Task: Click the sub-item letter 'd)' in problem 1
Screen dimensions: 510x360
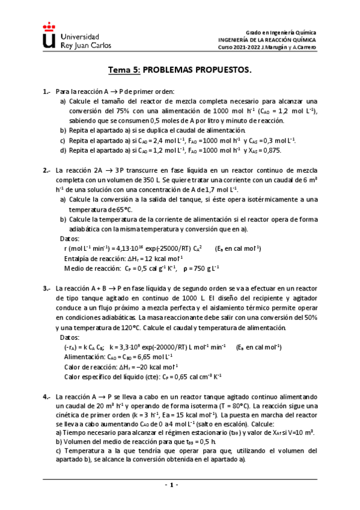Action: [63, 150]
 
